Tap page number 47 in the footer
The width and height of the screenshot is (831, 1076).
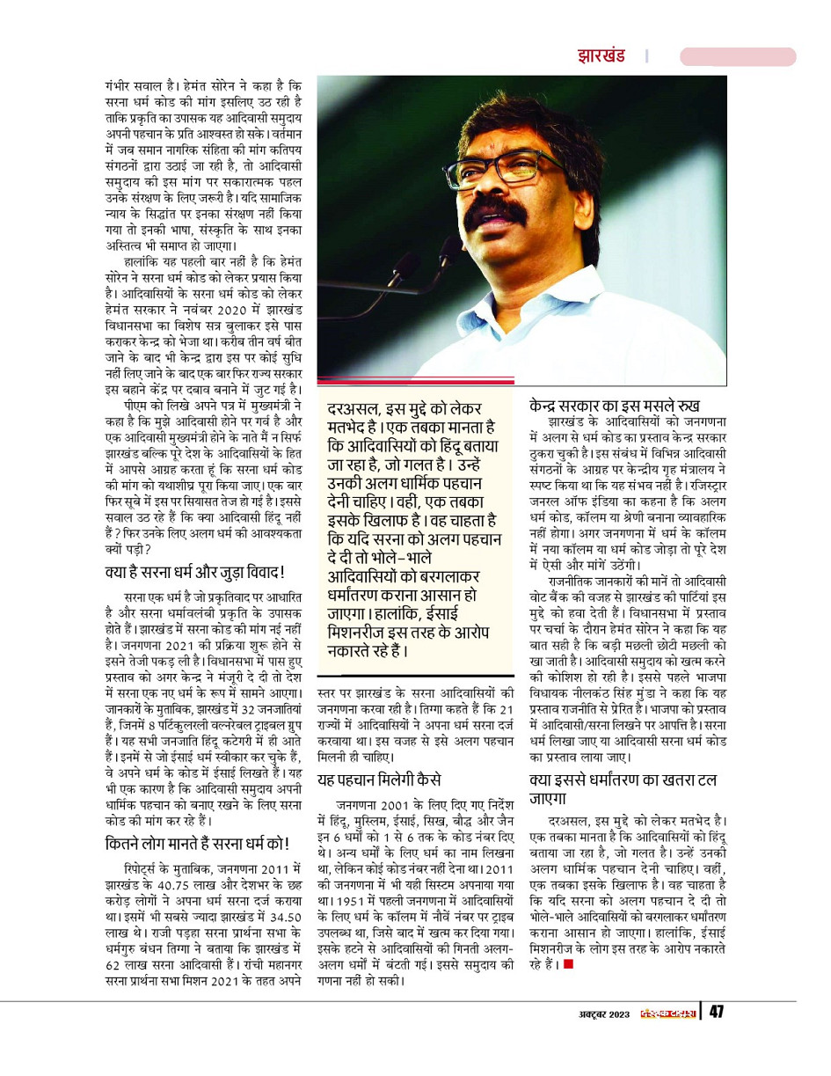(x=716, y=1012)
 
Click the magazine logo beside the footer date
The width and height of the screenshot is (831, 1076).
(x=667, y=1013)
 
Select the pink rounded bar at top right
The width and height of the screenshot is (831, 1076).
(x=738, y=56)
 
